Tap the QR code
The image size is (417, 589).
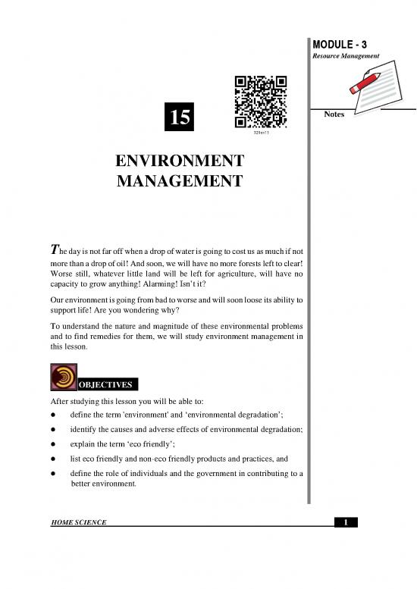tap(260, 103)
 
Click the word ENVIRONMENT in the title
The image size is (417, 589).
tap(180, 161)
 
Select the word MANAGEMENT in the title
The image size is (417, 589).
tap(180, 181)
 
